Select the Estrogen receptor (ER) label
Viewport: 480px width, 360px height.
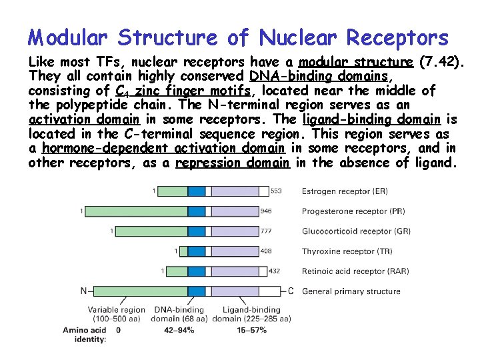pos(345,191)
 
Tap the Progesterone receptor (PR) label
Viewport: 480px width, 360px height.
pos(353,211)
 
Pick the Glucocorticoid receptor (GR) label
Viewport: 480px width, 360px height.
pos(356,231)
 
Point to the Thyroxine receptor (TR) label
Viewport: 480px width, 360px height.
pos(347,251)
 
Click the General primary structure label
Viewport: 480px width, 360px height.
pos(351,291)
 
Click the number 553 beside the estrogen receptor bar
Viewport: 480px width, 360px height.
pos(276,191)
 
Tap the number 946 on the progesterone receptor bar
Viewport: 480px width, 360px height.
pos(267,211)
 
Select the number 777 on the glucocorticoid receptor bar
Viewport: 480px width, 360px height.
pos(267,231)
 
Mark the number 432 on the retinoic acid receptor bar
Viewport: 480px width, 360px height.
pos(274,271)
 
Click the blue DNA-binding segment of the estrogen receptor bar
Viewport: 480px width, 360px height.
pos(196,191)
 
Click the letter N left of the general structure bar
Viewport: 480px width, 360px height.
pos(84,291)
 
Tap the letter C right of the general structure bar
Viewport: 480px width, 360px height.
pos(291,291)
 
